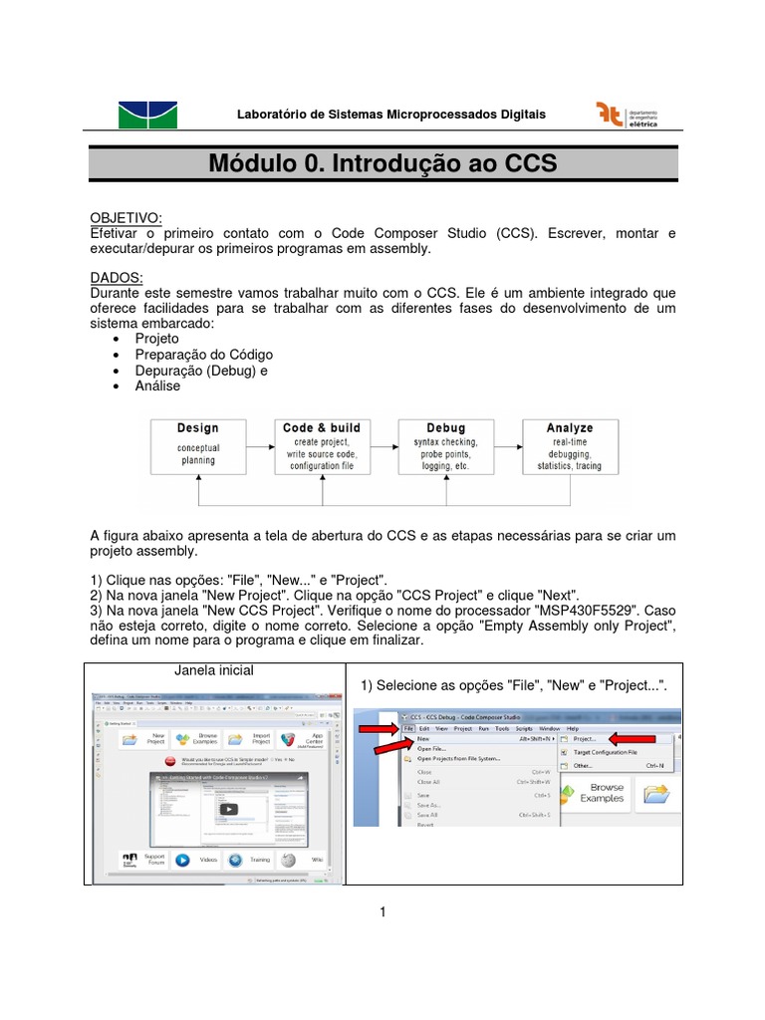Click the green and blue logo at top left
147,115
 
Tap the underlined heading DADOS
117,278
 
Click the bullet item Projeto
157,339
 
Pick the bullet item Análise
157,385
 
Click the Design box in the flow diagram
197,444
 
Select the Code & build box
322,444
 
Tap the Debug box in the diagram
445,444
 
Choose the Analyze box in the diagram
570,444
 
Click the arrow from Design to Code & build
259,444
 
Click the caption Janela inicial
214,669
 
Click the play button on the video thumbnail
230,809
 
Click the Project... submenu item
585,739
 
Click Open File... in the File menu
431,748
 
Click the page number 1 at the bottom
382,911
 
